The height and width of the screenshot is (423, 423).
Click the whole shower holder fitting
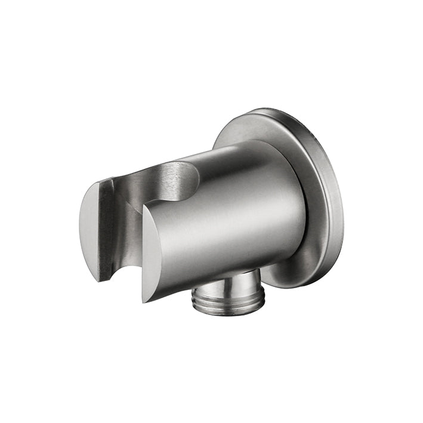click(212, 212)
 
